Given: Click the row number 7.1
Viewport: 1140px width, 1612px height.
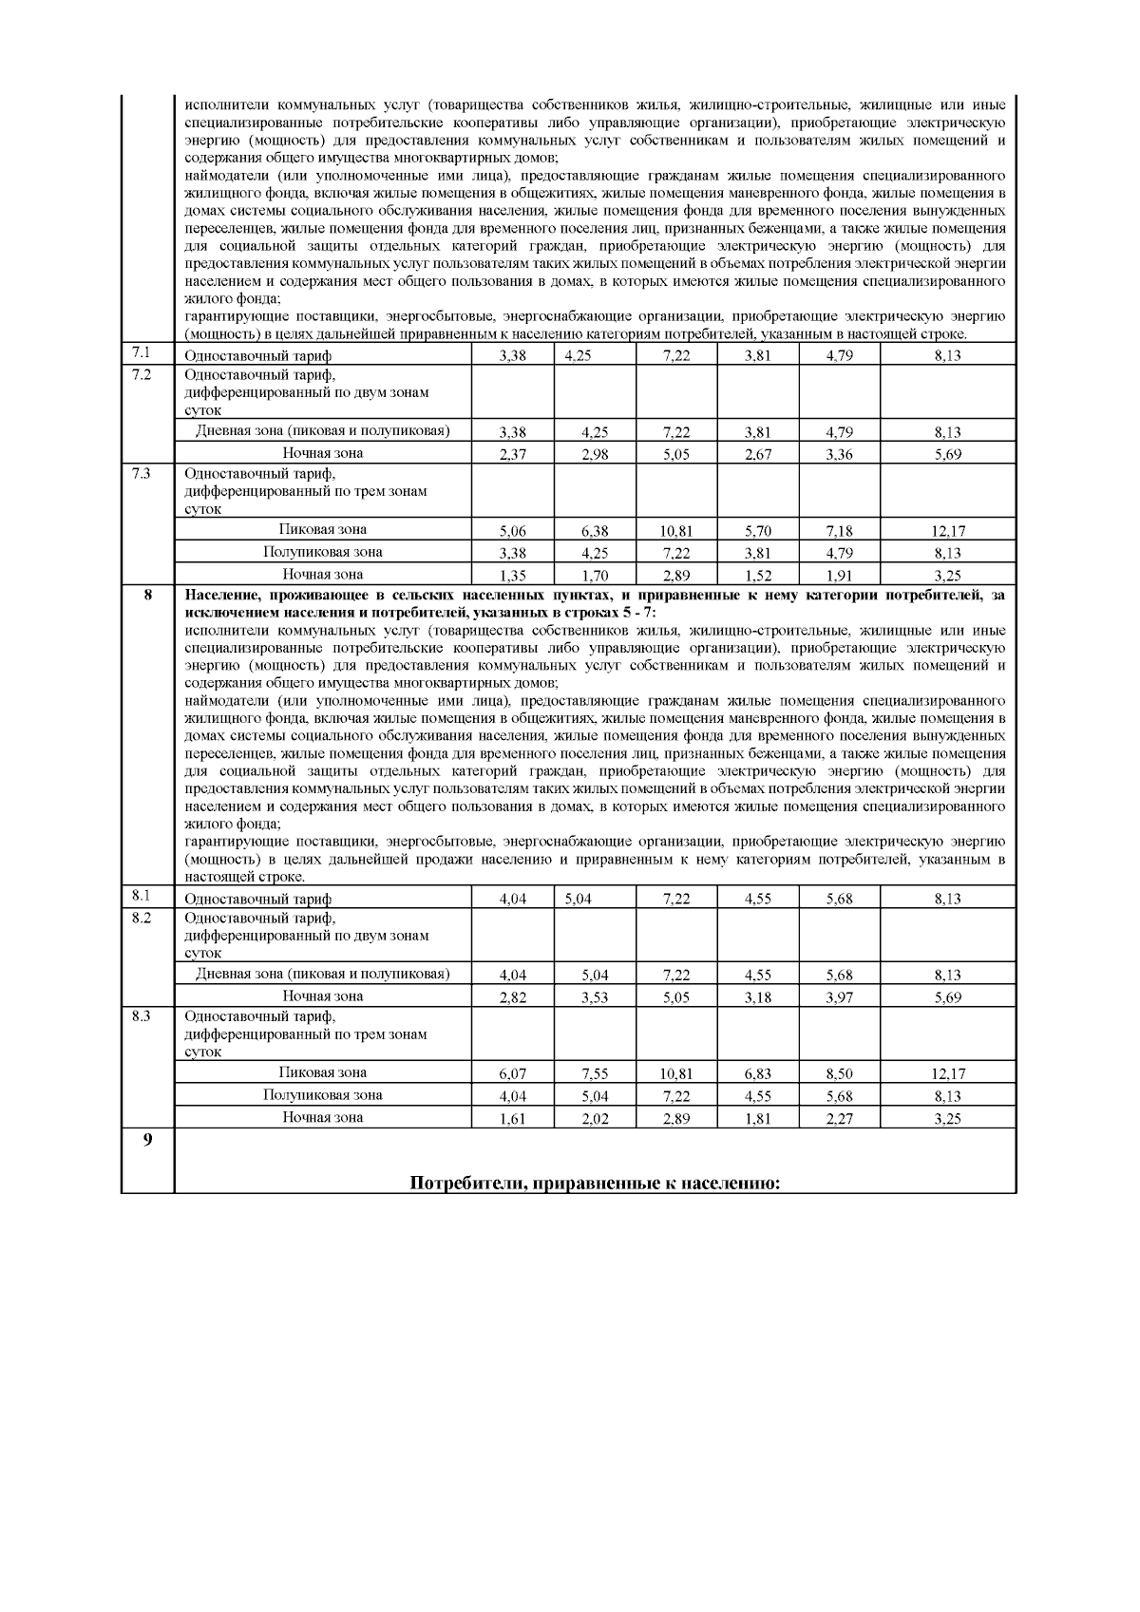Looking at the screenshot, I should click(x=141, y=354).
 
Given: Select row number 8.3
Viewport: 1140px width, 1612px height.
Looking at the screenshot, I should click(x=141, y=1015).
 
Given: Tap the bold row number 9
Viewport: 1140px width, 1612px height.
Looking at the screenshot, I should click(x=146, y=1140).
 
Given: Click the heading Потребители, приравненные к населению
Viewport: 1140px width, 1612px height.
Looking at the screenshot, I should click(x=595, y=1183).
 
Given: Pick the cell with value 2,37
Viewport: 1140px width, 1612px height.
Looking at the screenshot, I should click(x=512, y=455).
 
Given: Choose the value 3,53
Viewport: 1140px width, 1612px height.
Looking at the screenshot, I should click(x=595, y=997).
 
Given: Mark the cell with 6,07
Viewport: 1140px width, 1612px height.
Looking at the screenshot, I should click(x=512, y=1074).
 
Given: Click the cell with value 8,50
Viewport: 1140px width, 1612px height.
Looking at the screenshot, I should click(x=839, y=1074).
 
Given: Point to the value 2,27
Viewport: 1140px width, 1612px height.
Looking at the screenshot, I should click(x=839, y=1119).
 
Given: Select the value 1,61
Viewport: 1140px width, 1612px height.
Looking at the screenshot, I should click(x=512, y=1119).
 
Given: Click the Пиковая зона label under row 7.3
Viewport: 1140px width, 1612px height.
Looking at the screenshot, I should click(x=322, y=529).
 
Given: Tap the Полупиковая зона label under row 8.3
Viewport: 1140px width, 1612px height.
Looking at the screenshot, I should click(x=322, y=1094).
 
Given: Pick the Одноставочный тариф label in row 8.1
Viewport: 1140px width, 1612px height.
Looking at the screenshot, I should click(x=257, y=899).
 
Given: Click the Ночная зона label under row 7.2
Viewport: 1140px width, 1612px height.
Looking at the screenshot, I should click(x=322, y=453).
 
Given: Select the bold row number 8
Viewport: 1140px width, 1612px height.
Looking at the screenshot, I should click(x=146, y=596).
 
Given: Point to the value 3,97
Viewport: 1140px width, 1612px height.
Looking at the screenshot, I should click(x=839, y=997).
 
